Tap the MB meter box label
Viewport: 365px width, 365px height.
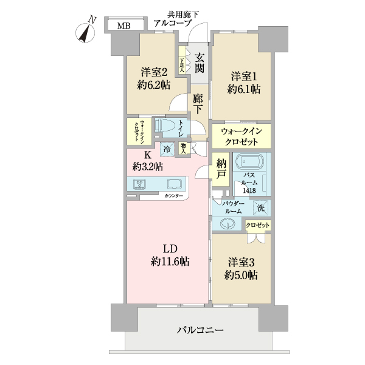(x=123, y=26)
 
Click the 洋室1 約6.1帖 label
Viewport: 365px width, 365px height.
(x=245, y=83)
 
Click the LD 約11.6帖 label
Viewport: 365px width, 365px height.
(x=169, y=255)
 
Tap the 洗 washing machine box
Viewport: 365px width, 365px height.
(x=261, y=207)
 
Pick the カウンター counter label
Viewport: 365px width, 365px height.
(x=176, y=196)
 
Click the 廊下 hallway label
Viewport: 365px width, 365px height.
(x=198, y=103)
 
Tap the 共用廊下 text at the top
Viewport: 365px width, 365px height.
(x=183, y=13)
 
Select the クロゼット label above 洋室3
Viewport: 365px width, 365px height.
(x=259, y=225)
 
